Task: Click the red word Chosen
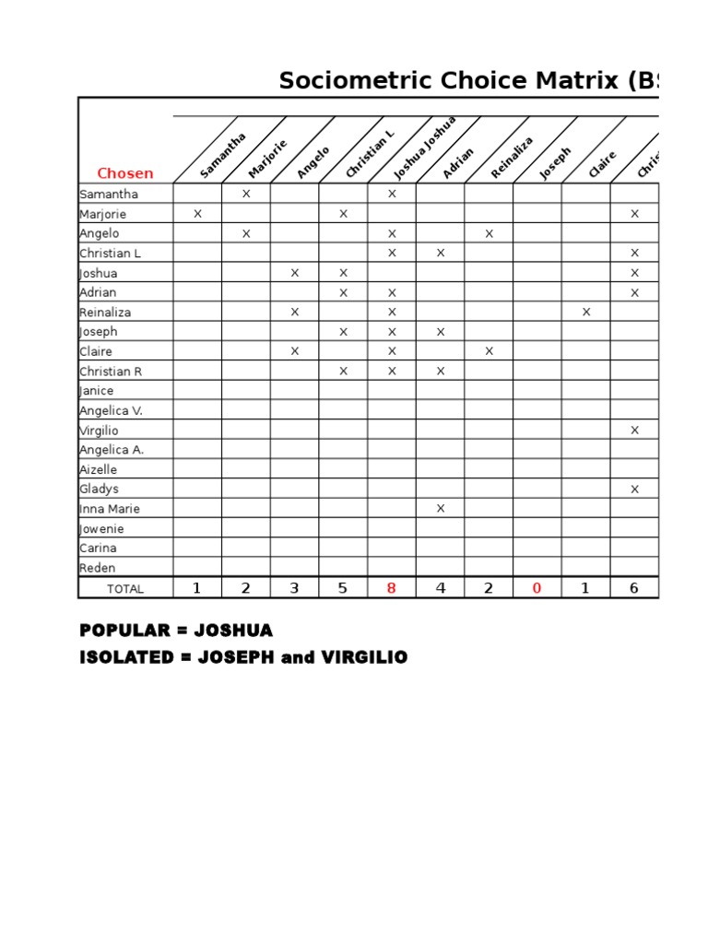pos(125,173)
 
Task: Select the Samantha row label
pos(109,194)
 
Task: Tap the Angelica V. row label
pos(112,410)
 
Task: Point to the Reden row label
pos(98,568)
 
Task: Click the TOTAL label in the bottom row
pos(125,589)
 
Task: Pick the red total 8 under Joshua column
pos(392,588)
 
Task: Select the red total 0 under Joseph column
pos(537,588)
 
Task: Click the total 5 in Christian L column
pos(343,588)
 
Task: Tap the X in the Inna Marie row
pos(441,509)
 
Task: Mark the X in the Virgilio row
pos(634,431)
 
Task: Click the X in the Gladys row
pos(634,490)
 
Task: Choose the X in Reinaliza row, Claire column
pos(586,313)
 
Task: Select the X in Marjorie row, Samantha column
pos(197,214)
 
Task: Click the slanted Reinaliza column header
pos(513,158)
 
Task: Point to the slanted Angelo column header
pos(313,162)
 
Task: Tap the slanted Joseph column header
pos(556,163)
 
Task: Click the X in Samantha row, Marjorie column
pos(246,195)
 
